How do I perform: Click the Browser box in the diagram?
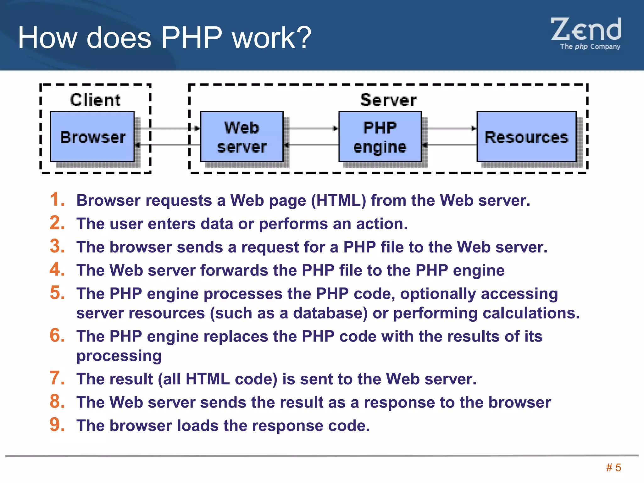point(92,137)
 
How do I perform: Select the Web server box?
point(242,137)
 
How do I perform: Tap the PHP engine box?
point(380,137)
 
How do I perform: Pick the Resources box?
point(526,137)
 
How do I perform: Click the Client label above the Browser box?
point(95,100)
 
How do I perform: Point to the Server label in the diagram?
point(388,100)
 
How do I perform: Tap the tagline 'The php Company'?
point(590,47)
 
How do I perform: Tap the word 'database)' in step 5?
point(330,313)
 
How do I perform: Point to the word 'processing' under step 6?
point(119,356)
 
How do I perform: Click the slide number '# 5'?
point(613,468)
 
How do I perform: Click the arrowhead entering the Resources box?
point(474,128)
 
